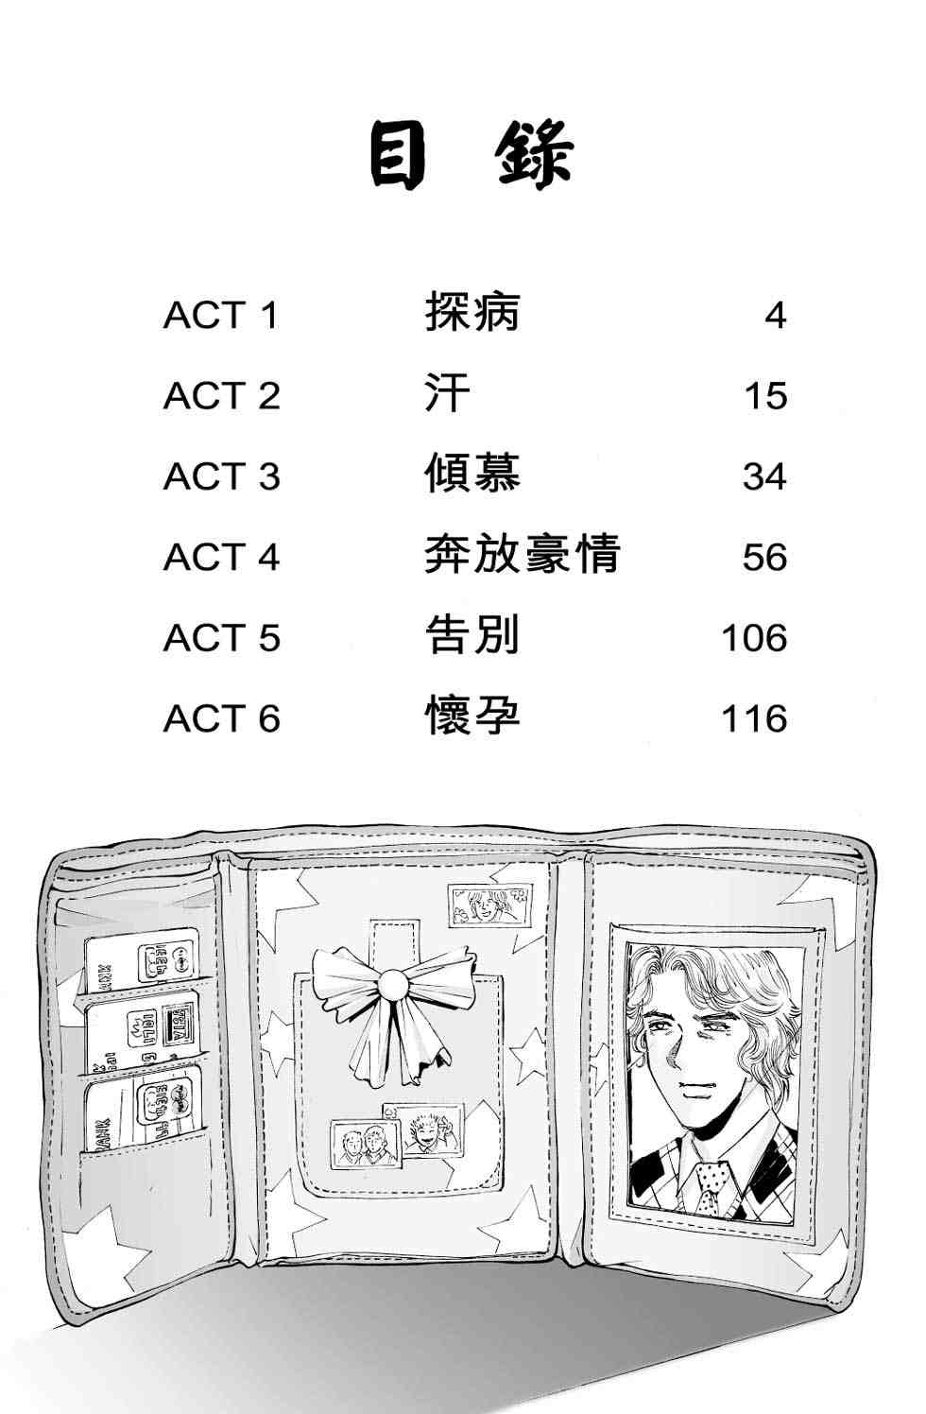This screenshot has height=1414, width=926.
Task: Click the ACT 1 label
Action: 221,315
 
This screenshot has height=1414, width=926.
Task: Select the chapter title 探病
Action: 472,311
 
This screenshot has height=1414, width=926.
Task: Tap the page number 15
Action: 765,396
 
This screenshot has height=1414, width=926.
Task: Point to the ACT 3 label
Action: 221,476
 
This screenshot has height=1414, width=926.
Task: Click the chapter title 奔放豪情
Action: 522,554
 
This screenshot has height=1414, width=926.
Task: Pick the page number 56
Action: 764,557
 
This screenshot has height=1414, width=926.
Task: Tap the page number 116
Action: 754,718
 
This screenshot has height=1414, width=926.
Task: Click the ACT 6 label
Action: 221,718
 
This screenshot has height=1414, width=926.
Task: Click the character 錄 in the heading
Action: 535,155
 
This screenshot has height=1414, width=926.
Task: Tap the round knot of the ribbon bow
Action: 393,984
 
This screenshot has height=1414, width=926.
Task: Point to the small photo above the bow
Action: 489,905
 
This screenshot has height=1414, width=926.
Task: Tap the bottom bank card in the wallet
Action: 144,1114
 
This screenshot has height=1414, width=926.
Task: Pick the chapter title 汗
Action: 448,392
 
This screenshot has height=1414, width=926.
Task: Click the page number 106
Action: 754,638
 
